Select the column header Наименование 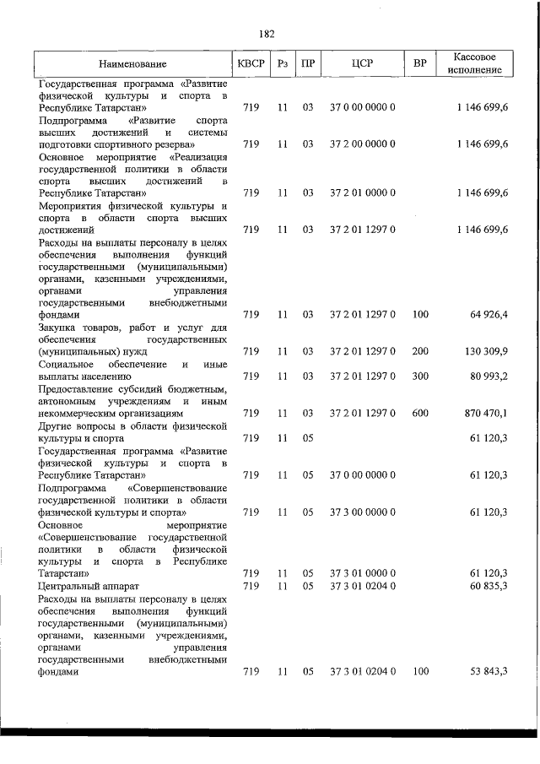(132, 64)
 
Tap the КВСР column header (251, 64)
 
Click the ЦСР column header (363, 64)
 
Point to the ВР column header (419, 64)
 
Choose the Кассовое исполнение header (472, 64)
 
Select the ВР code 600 (420, 413)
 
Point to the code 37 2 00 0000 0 (363, 144)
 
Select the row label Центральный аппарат (83, 585)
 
